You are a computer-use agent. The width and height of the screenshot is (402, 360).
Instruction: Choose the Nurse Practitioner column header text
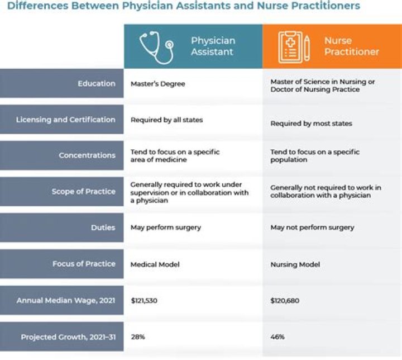click(351, 46)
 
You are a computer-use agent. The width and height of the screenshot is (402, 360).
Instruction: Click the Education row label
click(97, 84)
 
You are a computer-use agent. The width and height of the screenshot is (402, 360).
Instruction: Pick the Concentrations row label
click(87, 155)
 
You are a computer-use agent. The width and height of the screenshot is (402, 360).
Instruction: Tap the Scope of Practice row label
click(83, 192)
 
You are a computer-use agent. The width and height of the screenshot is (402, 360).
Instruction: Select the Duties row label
click(103, 228)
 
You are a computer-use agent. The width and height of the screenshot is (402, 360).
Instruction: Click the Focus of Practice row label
click(84, 264)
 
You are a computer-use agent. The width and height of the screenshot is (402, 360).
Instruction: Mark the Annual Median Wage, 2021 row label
click(65, 300)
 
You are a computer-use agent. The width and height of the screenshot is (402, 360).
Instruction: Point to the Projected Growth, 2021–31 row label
click(68, 337)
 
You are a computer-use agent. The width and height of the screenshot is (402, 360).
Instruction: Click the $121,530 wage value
click(144, 301)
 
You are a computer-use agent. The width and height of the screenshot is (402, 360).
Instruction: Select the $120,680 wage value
click(285, 301)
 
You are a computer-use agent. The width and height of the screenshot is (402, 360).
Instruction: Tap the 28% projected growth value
click(137, 337)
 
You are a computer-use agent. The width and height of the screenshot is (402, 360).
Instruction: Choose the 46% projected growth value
click(277, 337)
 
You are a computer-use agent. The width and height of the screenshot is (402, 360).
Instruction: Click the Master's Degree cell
click(157, 84)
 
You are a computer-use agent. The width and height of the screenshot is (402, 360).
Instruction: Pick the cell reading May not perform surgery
click(312, 228)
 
